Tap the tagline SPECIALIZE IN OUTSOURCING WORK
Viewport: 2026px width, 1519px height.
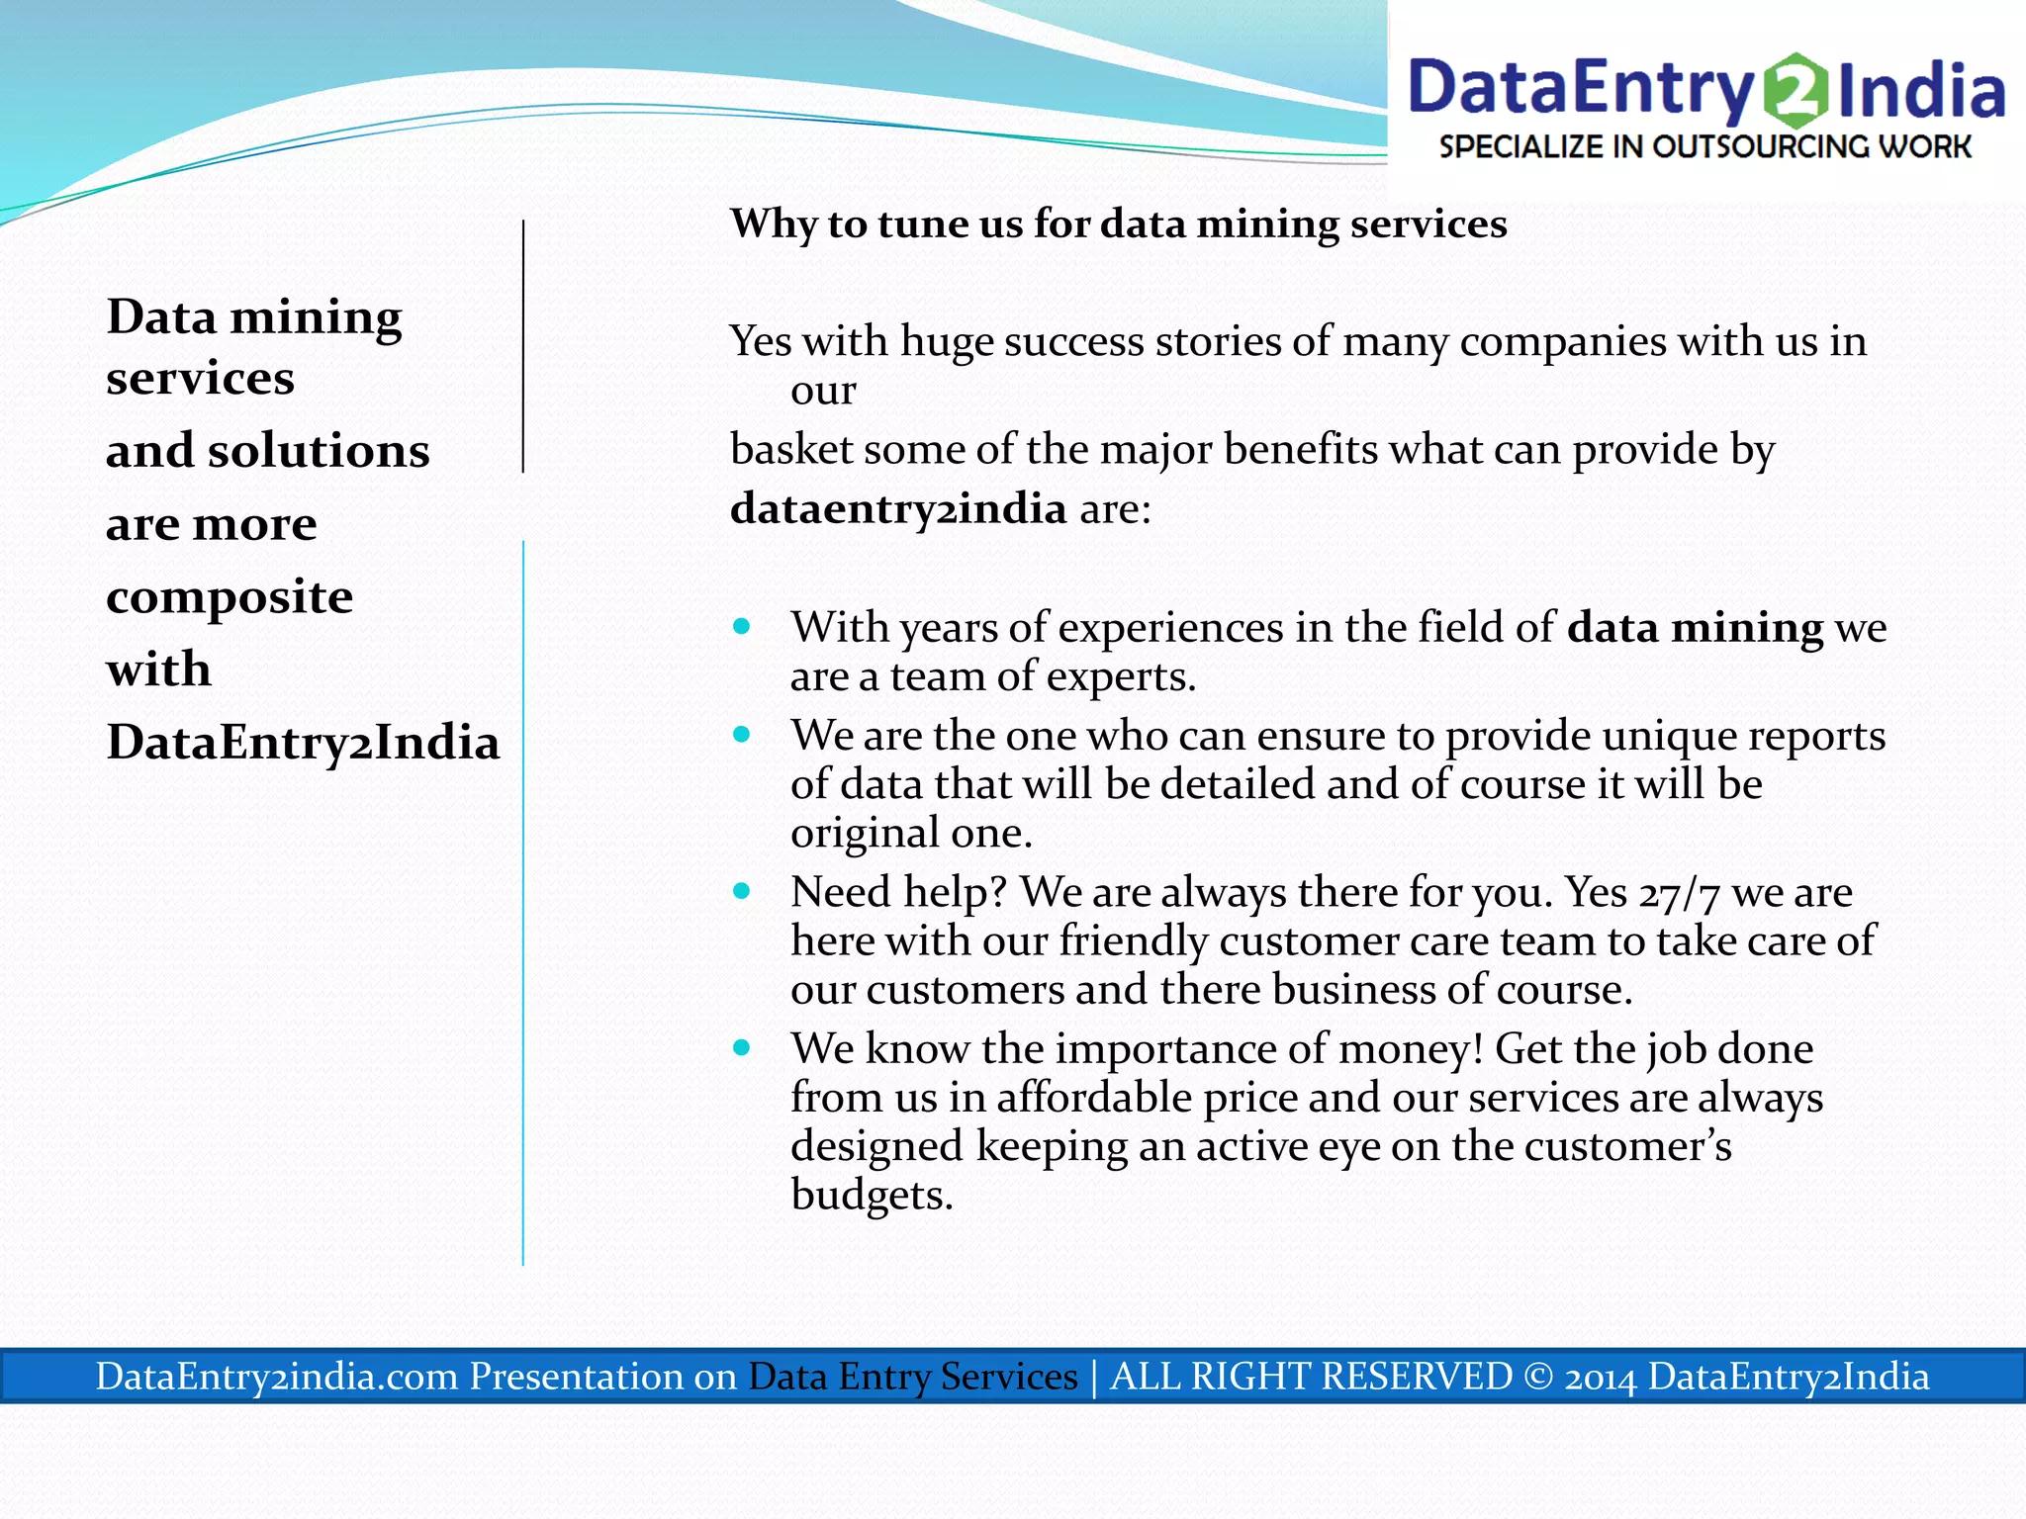tap(1704, 146)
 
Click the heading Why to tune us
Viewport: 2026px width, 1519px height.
tap(1118, 223)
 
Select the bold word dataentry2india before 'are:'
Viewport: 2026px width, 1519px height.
tap(898, 508)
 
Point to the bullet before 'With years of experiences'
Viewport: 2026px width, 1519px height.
tap(742, 627)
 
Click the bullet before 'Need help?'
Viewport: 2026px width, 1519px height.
tap(742, 891)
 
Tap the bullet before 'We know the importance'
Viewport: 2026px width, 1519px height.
tap(742, 1047)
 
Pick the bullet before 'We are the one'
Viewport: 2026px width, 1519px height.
tap(742, 735)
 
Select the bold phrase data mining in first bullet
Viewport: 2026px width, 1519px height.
tap(1695, 628)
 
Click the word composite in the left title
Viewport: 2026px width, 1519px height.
tap(230, 597)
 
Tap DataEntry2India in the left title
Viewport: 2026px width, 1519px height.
tap(303, 743)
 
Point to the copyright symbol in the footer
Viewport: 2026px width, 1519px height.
tap(1538, 1377)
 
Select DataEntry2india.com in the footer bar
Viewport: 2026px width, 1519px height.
tap(277, 1377)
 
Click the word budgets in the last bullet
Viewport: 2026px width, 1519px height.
tap(871, 1195)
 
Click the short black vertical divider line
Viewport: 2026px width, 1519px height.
tap(523, 346)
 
